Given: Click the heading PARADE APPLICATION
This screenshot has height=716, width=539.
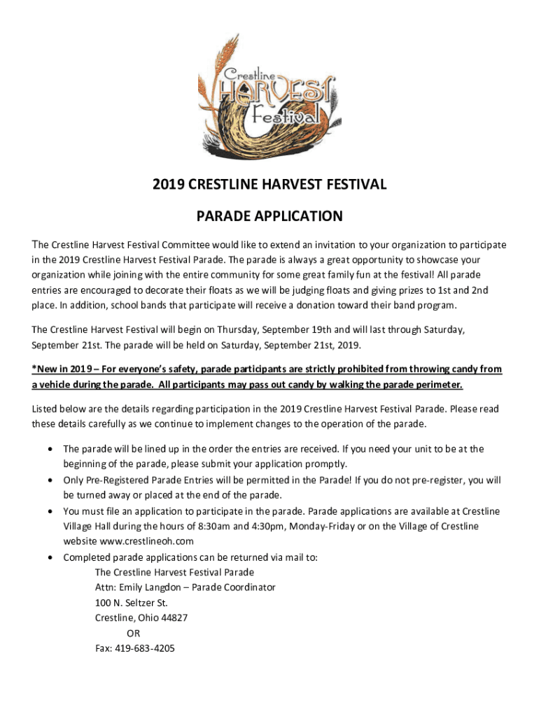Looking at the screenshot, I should tap(269, 216).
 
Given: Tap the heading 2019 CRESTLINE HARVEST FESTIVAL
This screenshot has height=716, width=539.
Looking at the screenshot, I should tap(269, 185).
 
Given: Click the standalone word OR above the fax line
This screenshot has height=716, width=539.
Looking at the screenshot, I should tap(133, 633).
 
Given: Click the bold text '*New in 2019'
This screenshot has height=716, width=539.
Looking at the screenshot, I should tap(63, 368).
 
